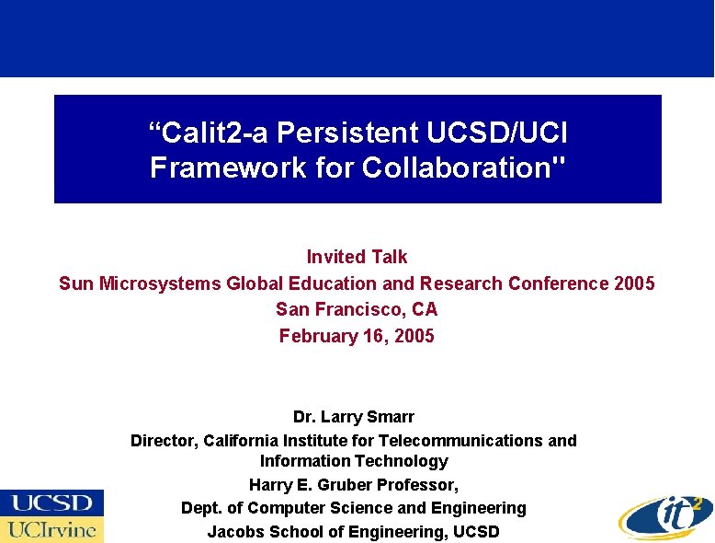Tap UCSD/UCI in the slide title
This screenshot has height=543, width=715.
pos(497,133)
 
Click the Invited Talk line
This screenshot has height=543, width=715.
pos(357,257)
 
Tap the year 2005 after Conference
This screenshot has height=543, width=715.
pos(635,283)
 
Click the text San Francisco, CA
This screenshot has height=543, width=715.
pos(357,309)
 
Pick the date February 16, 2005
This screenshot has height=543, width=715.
pos(357,336)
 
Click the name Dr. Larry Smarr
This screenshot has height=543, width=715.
pos(354,417)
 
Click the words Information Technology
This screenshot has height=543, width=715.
pos(354,461)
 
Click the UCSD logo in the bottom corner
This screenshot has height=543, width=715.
pos(51,503)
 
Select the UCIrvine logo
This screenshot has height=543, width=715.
pos(51,529)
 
